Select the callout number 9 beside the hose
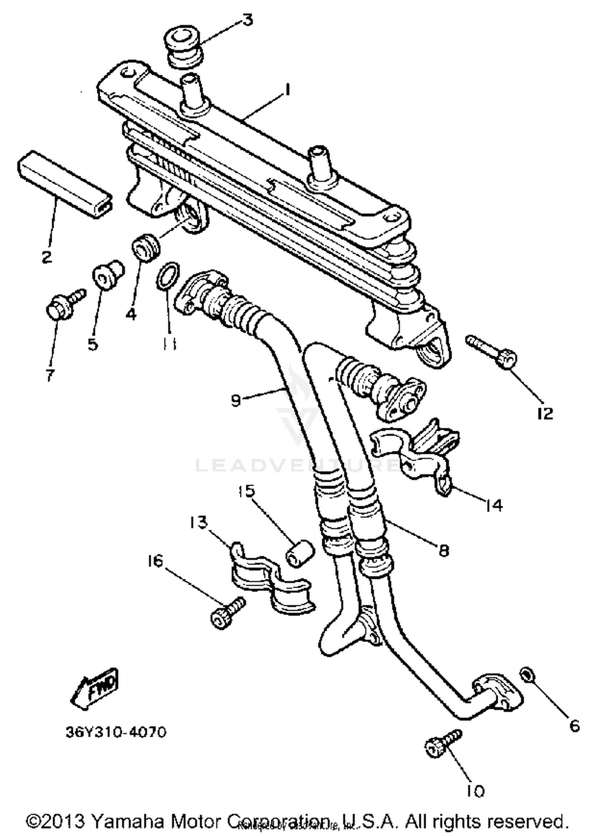[236, 400]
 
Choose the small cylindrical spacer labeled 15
[300, 554]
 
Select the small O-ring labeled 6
[527, 674]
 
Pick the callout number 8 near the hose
[443, 550]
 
